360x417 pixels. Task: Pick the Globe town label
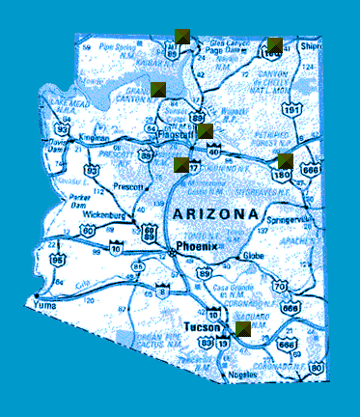click(x=253, y=256)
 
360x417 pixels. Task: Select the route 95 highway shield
click(x=59, y=260)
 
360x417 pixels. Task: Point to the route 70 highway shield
click(x=280, y=285)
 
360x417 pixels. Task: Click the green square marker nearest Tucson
click(x=243, y=328)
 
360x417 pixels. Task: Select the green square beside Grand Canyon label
click(x=159, y=89)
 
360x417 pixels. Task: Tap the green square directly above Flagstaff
click(x=206, y=130)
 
